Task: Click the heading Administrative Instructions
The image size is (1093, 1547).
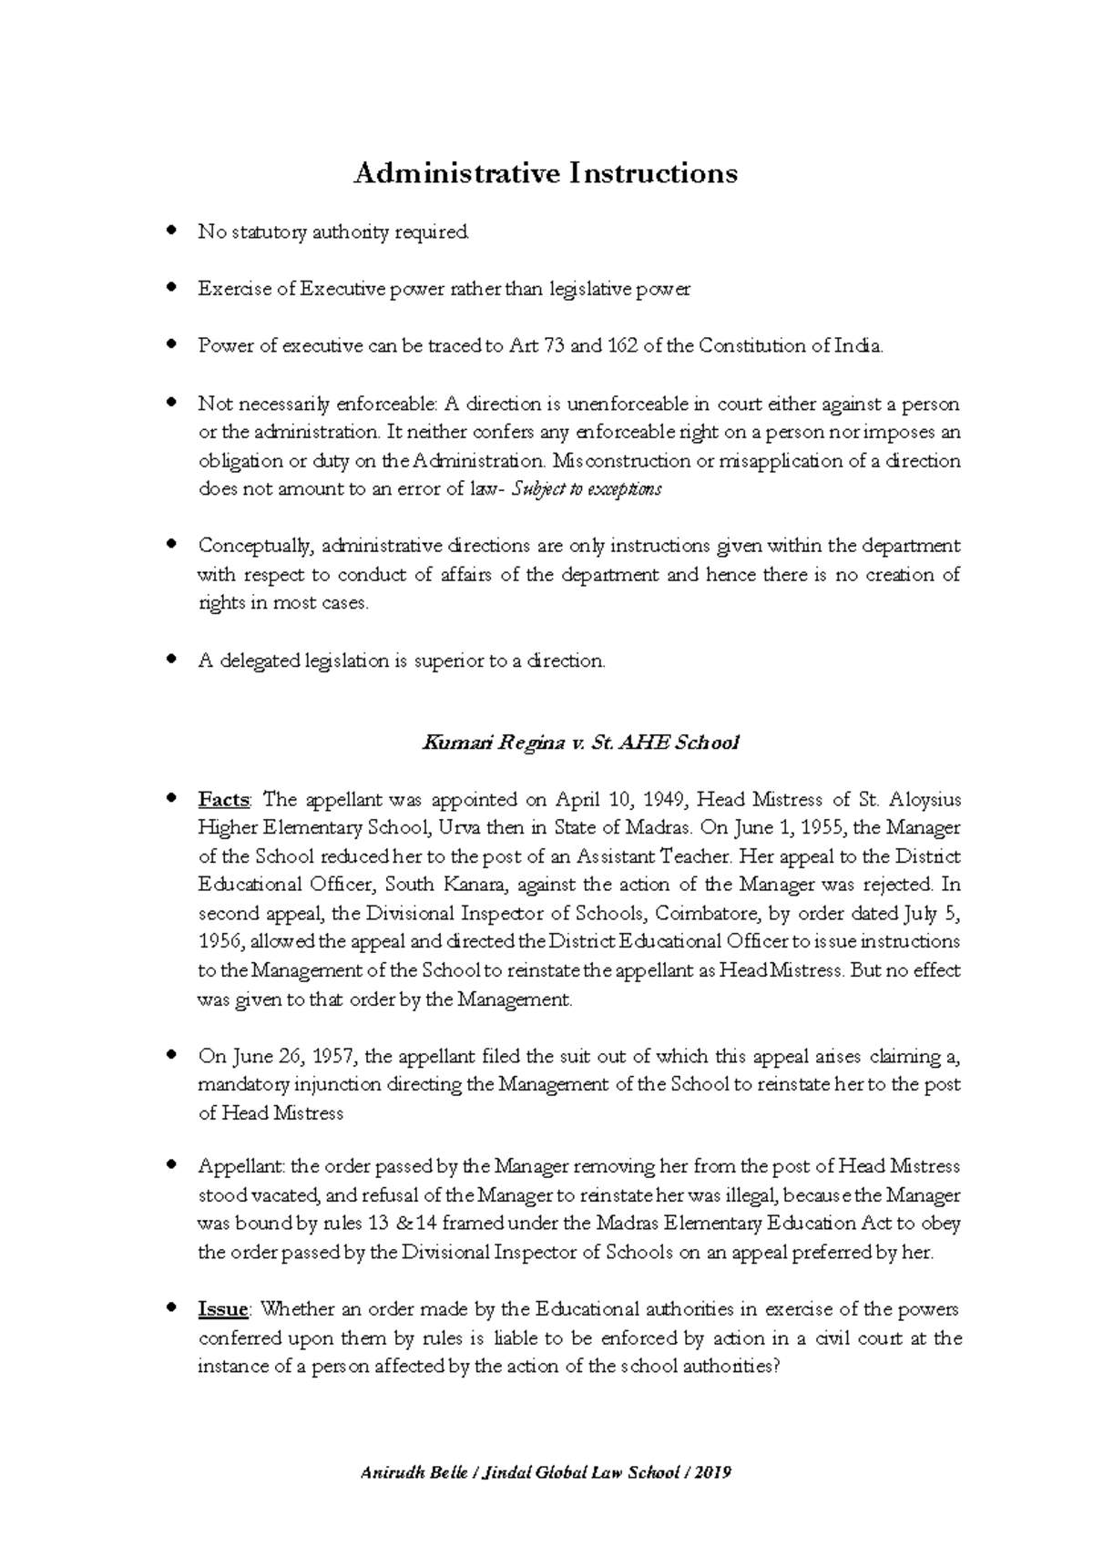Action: pos(545,173)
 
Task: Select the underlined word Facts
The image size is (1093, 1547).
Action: pos(223,800)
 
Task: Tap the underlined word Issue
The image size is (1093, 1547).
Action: pos(223,1309)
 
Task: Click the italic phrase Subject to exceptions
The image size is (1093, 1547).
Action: pos(587,489)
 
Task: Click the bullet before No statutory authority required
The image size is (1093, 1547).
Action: pos(170,231)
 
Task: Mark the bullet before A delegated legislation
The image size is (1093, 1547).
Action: pos(170,660)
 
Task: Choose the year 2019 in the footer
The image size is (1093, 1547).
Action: pos(713,1473)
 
